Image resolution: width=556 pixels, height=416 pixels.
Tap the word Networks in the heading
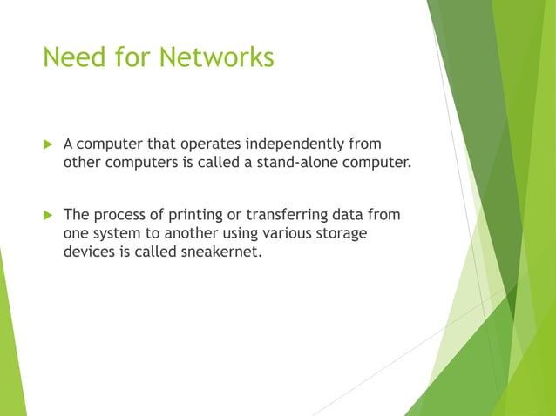tap(218, 57)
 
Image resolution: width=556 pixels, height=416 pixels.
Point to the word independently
tap(298, 143)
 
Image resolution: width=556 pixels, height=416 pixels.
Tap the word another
tap(194, 233)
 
